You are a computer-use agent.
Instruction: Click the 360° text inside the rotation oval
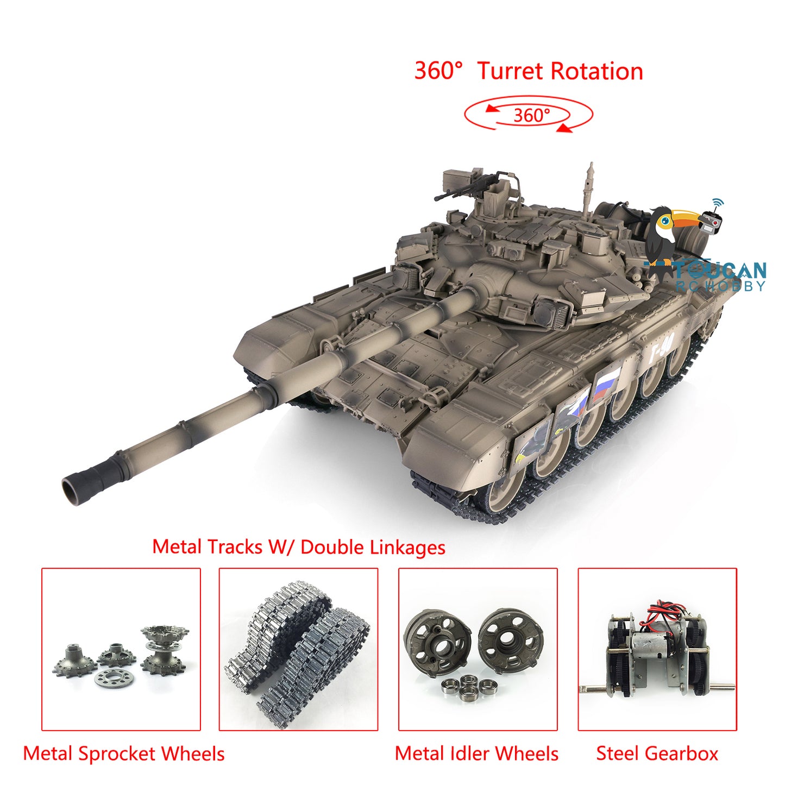point(531,115)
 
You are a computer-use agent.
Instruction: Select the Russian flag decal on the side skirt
point(605,385)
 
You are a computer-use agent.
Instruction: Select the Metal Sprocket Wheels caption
point(124,753)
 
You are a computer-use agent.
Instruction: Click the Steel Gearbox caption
point(657,753)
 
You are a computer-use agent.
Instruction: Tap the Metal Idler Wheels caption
point(476,753)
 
